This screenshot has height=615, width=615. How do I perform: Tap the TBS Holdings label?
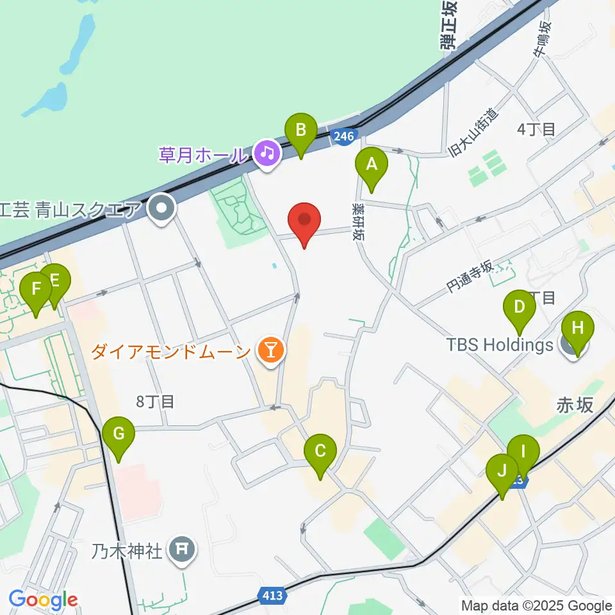pyautogui.click(x=499, y=345)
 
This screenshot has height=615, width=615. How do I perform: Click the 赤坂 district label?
pyautogui.click(x=575, y=406)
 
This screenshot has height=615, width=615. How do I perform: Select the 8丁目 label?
pyautogui.click(x=155, y=402)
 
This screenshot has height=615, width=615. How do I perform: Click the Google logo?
pyautogui.click(x=43, y=600)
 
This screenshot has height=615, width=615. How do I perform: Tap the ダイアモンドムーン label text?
pyautogui.click(x=170, y=351)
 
